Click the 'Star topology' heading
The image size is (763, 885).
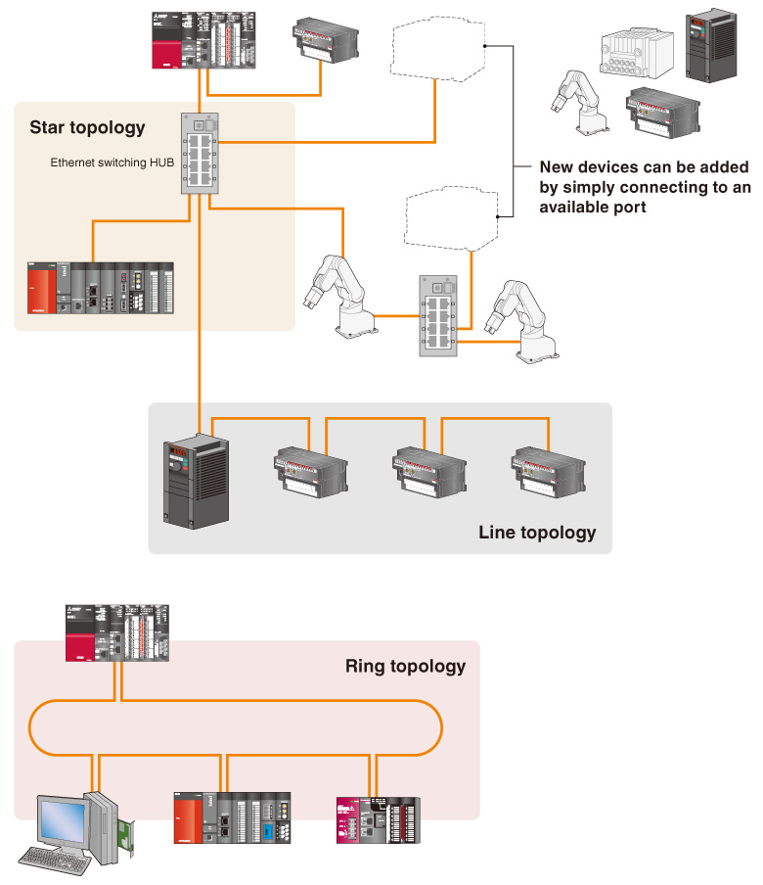(87, 127)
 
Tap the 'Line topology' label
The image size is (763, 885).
(537, 533)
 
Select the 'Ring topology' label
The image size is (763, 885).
(405, 667)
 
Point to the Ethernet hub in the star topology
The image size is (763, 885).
(202, 152)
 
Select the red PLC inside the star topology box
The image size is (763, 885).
(101, 288)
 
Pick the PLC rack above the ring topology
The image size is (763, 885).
(117, 633)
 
